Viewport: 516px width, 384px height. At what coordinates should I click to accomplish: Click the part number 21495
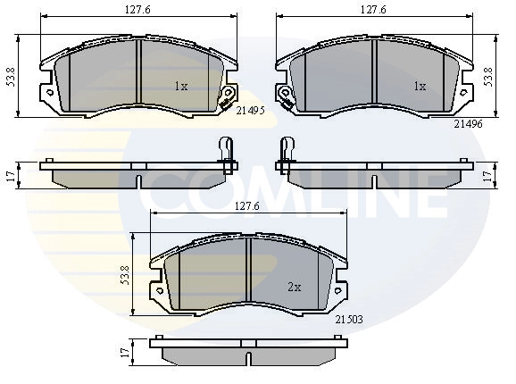[x=251, y=111]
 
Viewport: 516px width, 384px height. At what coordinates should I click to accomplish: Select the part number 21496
[x=469, y=124]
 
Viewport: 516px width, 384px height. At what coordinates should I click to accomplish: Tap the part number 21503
[x=349, y=319]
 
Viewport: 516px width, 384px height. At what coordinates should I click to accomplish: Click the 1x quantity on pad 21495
[x=181, y=87]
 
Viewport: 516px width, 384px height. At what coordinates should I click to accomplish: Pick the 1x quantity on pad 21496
[x=420, y=87]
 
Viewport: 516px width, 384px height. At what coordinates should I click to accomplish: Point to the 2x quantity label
[x=295, y=288]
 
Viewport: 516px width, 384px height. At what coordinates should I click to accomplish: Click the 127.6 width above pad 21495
[x=137, y=10]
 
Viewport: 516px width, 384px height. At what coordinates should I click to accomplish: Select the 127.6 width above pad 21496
[x=373, y=10]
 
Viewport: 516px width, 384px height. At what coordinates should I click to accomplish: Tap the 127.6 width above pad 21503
[x=246, y=206]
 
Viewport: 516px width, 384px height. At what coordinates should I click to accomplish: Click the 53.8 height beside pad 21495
[x=12, y=77]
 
